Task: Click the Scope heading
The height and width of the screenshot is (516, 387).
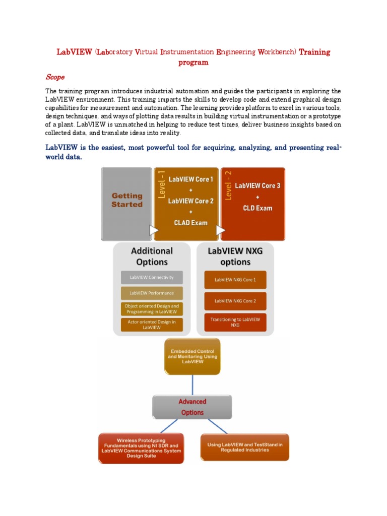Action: (55, 77)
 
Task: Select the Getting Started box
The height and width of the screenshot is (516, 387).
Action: (126, 200)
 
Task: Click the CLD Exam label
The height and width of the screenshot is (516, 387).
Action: (257, 208)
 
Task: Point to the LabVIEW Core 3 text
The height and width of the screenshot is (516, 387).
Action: (257, 185)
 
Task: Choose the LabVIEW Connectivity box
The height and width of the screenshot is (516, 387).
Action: (152, 277)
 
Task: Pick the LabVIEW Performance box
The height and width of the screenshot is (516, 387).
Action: (152, 293)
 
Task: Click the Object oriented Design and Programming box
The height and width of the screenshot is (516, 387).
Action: (152, 309)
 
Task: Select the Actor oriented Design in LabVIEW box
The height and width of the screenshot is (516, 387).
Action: (152, 325)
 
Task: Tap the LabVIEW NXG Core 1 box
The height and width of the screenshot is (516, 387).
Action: (235, 280)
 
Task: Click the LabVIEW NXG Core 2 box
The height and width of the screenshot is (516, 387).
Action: (235, 301)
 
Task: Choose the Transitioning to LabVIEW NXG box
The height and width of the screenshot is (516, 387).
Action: (235, 322)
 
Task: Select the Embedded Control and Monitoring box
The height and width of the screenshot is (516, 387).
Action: (192, 356)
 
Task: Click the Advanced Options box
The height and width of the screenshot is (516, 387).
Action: (192, 407)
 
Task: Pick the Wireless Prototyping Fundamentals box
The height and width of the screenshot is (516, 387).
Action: (141, 448)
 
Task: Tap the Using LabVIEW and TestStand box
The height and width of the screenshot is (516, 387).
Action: (245, 447)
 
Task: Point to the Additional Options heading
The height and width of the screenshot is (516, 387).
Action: (152, 256)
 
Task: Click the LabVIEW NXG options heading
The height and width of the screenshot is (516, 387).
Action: (235, 256)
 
